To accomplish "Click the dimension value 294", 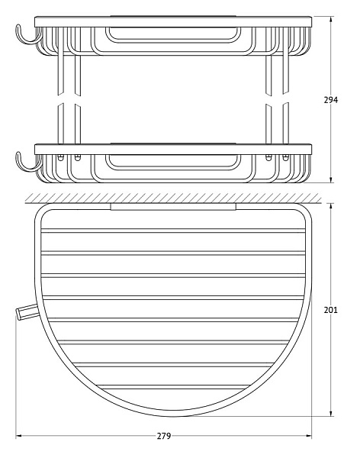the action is tap(330, 100).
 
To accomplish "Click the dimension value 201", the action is tap(330, 310).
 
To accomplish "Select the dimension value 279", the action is tap(164, 436).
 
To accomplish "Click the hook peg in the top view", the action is tap(27, 311).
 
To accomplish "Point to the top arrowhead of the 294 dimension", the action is tap(330, 20).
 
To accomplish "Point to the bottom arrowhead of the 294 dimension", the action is tap(330, 179).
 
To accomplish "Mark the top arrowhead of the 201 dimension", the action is tap(330, 206).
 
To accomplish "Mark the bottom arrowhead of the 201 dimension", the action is tap(330, 413).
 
